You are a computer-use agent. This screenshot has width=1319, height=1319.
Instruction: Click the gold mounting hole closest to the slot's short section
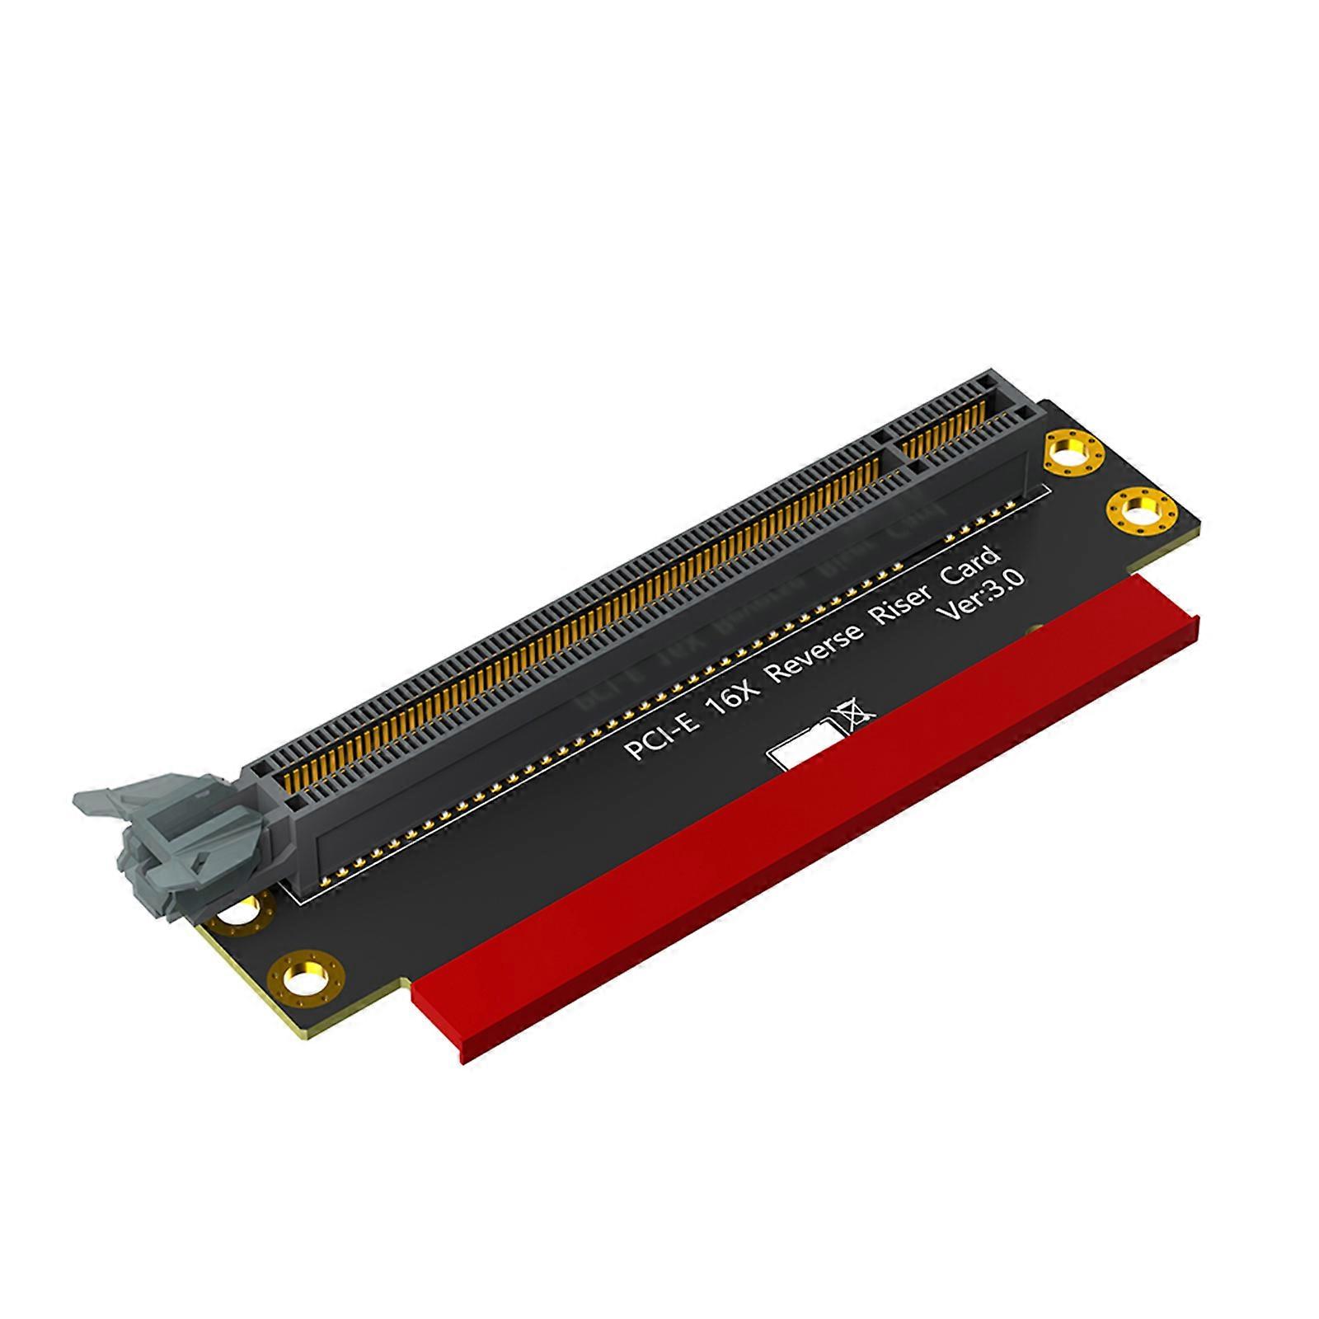(x=1073, y=453)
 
